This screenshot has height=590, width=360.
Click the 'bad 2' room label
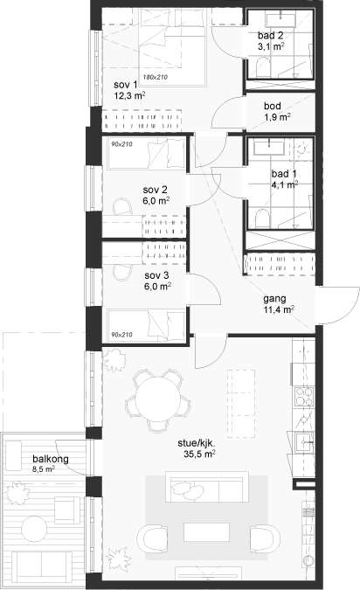(271, 35)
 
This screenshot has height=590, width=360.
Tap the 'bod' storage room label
(273, 106)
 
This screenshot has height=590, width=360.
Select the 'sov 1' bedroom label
(126, 85)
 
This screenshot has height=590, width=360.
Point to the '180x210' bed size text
(155, 77)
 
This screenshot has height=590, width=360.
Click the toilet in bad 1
(262, 219)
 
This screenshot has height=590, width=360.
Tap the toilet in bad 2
(263, 67)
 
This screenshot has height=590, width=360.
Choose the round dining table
(158, 399)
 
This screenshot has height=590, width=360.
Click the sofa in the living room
(206, 486)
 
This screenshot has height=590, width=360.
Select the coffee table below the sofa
(206, 532)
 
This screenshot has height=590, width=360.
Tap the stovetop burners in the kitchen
(304, 398)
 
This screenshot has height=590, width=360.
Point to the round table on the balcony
(34, 529)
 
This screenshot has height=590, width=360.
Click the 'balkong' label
(51, 459)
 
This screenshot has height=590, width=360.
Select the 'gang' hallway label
(274, 299)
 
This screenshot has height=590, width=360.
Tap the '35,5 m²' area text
(199, 455)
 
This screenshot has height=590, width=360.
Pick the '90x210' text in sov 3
(121, 335)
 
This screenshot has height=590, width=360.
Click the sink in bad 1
(269, 147)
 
